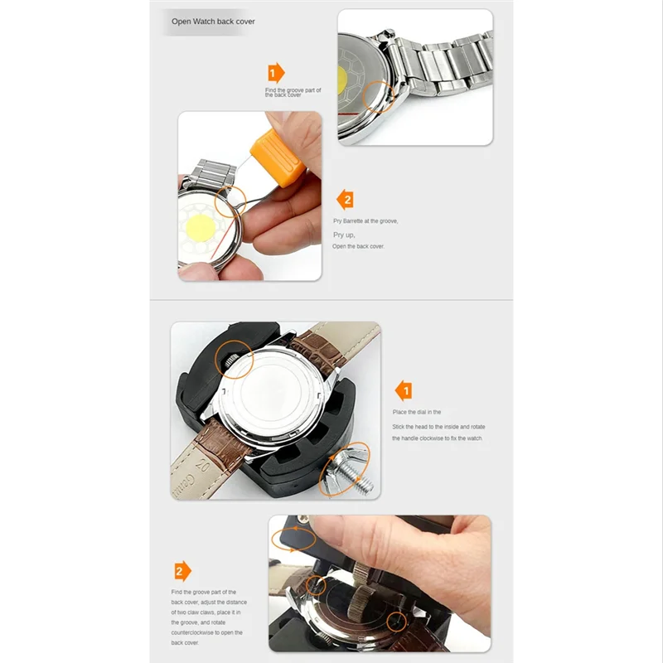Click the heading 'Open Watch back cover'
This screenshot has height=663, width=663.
point(213,22)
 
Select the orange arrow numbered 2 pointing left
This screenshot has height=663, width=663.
point(346,199)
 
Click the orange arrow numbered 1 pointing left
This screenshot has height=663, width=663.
point(403,390)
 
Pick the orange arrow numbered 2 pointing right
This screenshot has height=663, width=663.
point(182,571)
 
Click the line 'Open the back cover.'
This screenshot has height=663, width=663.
point(358,247)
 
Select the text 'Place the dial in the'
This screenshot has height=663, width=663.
point(417,412)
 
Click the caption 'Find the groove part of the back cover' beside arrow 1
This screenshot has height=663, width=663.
point(293,92)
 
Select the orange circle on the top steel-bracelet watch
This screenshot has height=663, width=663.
point(380,98)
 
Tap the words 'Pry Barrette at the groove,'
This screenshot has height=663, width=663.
point(365,221)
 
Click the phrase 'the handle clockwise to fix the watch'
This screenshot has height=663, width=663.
point(438,438)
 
